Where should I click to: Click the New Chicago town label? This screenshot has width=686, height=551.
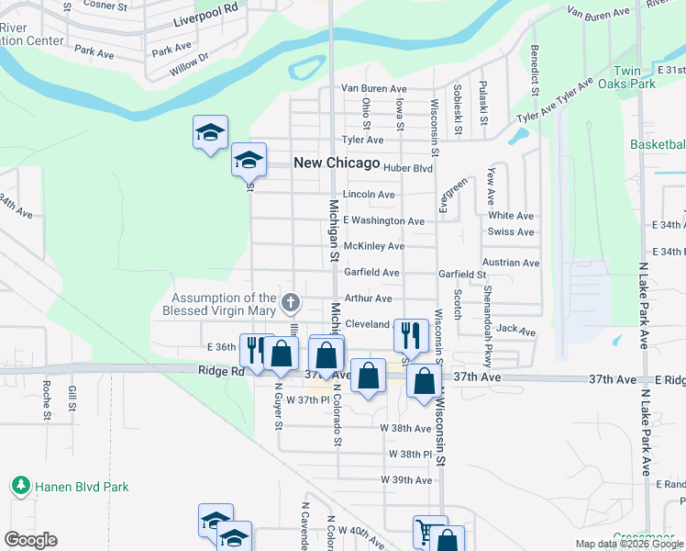pos(336,163)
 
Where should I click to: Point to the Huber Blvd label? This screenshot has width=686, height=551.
pos(408,169)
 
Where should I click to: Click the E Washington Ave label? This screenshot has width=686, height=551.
pos(383,221)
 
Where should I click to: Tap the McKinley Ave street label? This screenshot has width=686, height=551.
pos(373,246)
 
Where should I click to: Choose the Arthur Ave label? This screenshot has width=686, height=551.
pos(368,298)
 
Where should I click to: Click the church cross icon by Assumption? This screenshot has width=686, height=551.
pos(290,302)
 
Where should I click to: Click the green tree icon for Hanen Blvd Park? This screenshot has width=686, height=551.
pos(19,485)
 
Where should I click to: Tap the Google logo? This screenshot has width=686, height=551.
pos(30,540)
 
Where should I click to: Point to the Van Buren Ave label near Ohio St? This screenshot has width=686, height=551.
pos(373,88)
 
